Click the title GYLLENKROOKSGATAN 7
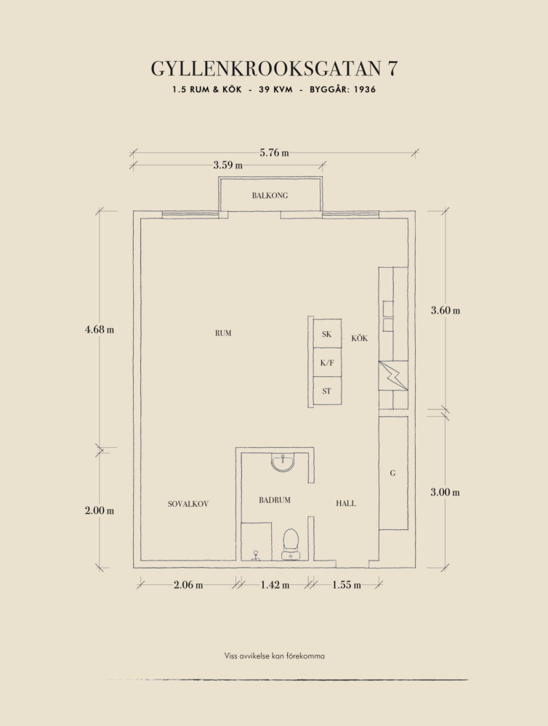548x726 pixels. tap(274, 68)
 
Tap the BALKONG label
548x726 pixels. tap(270, 195)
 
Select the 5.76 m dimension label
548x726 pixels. tap(274, 152)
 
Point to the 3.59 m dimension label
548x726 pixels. tap(227, 165)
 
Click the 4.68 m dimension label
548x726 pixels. tap(100, 330)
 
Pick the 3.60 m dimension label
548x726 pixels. tap(446, 310)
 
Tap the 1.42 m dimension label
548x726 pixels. tap(275, 584)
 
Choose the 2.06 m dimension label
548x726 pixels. tap(188, 584)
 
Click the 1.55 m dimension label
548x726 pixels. tap(347, 584)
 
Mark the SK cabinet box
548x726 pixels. tap(327, 334)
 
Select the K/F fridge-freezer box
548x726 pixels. tap(327, 362)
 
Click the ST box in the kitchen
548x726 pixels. tap(327, 391)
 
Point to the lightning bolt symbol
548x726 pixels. tap(394, 375)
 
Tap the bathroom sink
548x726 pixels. tap(282, 462)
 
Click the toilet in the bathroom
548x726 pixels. tap(291, 544)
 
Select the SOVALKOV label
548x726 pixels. tap(188, 504)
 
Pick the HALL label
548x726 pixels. tap(346, 503)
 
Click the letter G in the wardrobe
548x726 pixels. tap(392, 473)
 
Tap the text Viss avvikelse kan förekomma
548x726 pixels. tap(275, 656)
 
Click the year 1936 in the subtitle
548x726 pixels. tap(365, 89)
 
